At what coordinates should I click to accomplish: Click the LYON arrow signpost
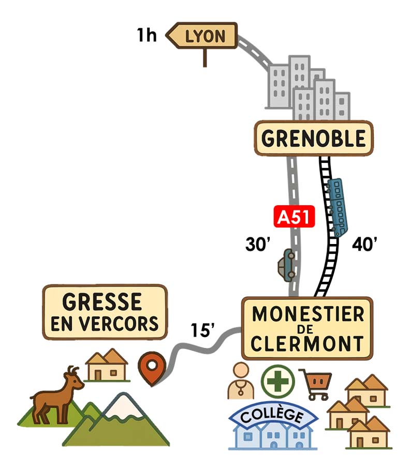(x=203, y=36)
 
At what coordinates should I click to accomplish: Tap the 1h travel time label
(x=147, y=36)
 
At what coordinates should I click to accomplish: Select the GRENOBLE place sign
(x=313, y=138)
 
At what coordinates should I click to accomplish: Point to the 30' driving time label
(x=258, y=245)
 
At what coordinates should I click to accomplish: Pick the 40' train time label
(x=364, y=245)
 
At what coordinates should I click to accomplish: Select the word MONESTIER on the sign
(x=307, y=314)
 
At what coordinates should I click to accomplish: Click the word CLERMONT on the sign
(x=307, y=343)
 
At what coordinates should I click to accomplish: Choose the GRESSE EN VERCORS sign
(x=105, y=312)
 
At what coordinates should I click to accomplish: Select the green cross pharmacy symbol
(x=277, y=382)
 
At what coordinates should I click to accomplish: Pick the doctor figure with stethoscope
(x=241, y=381)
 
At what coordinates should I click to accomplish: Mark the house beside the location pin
(x=107, y=365)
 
